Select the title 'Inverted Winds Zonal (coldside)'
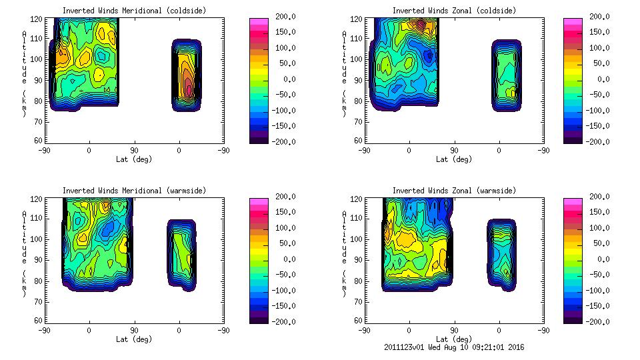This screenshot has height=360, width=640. pyautogui.click(x=453, y=11)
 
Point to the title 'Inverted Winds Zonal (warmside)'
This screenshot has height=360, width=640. pyautogui.click(x=453, y=191)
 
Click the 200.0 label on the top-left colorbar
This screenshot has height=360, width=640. pyautogui.click(x=283, y=17)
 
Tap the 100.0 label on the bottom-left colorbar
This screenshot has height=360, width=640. pyautogui.click(x=283, y=228)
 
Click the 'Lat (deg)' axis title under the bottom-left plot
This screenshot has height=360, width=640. pyautogui.click(x=135, y=339)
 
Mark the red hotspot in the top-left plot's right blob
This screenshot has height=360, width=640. pyautogui.click(x=189, y=87)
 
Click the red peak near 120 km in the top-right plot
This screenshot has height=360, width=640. pyautogui.click(x=419, y=25)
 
